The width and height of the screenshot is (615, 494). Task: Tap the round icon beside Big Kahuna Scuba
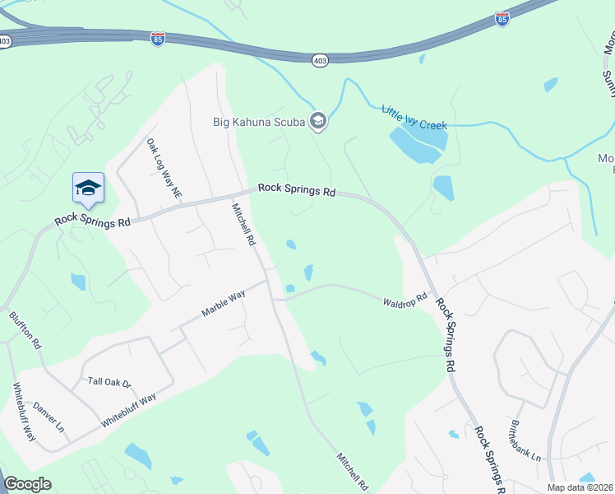pyautogui.click(x=318, y=123)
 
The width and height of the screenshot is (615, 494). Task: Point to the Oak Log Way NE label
pyautogui.click(x=164, y=169)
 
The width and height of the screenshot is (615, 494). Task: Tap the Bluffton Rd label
pyautogui.click(x=25, y=330)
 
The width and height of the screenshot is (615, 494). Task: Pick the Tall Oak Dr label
pyautogui.click(x=110, y=382)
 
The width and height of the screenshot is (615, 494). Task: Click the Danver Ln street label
pyautogui.click(x=48, y=418)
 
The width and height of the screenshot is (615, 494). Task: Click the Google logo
pyautogui.click(x=27, y=484)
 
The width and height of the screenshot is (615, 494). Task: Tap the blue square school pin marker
pyautogui.click(x=88, y=189)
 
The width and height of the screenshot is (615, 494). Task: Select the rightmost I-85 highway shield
pyautogui.click(x=502, y=18)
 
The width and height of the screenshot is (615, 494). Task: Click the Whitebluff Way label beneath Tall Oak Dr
pyautogui.click(x=129, y=409)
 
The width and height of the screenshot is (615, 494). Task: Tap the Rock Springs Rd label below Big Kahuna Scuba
pyautogui.click(x=297, y=189)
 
